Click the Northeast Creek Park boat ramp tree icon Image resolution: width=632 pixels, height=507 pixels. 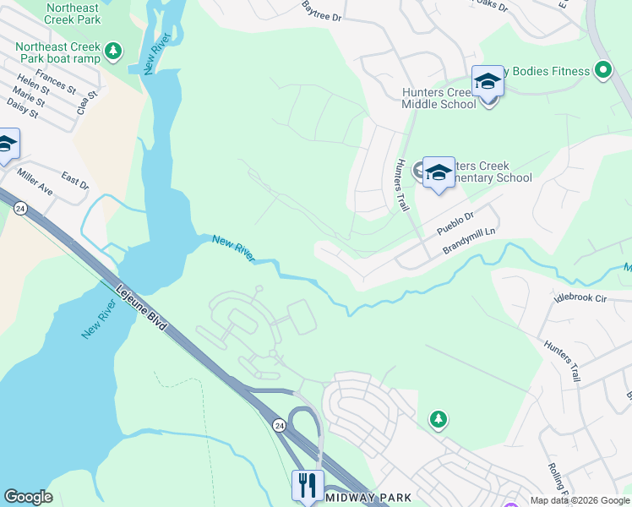[113, 53]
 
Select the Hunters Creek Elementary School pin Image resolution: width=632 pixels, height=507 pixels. [438, 173]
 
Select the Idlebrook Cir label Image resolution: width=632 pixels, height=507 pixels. [580, 297]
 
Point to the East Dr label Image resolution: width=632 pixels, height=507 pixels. [74, 183]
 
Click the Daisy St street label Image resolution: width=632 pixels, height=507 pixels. [19, 109]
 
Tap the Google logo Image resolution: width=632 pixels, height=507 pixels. [28, 497]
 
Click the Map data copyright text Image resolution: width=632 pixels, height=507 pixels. [579, 500]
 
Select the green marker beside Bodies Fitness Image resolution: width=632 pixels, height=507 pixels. [603, 71]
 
